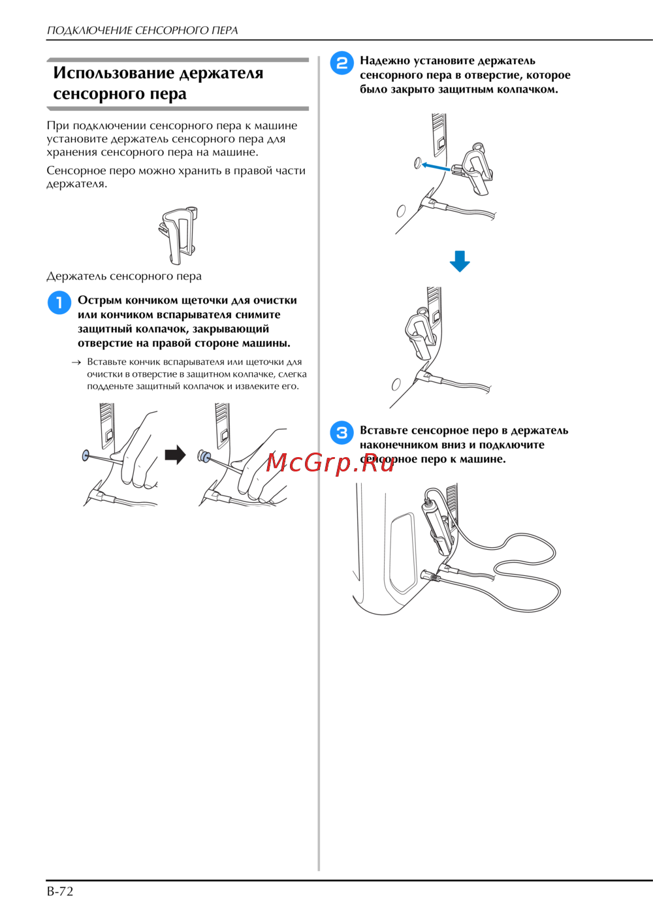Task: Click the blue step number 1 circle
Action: tap(59, 302)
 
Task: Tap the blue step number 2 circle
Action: tap(342, 63)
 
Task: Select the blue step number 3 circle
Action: tap(342, 433)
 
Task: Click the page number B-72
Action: tap(60, 891)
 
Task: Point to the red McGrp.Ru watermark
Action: tap(330, 462)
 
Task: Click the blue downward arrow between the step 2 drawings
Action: tap(460, 261)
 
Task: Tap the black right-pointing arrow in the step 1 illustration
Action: tap(175, 454)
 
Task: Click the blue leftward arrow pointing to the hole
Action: tap(435, 167)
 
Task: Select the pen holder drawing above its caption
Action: tap(178, 236)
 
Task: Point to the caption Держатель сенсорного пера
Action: tap(124, 276)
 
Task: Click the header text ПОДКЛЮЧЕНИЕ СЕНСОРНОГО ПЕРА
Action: tap(142, 31)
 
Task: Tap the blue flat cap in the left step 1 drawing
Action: tap(86, 455)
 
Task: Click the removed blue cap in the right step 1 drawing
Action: tap(203, 456)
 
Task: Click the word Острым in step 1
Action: tap(99, 300)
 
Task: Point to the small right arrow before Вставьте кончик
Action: tap(76, 362)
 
